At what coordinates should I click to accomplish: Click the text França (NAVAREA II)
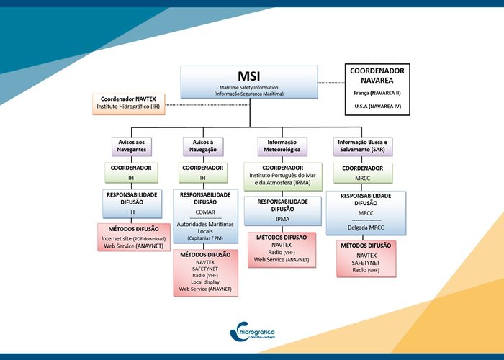click(376, 93)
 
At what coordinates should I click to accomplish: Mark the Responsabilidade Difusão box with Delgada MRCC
click(365, 212)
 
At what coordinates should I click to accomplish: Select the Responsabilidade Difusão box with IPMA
click(282, 210)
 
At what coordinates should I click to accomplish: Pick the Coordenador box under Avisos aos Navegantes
click(132, 173)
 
